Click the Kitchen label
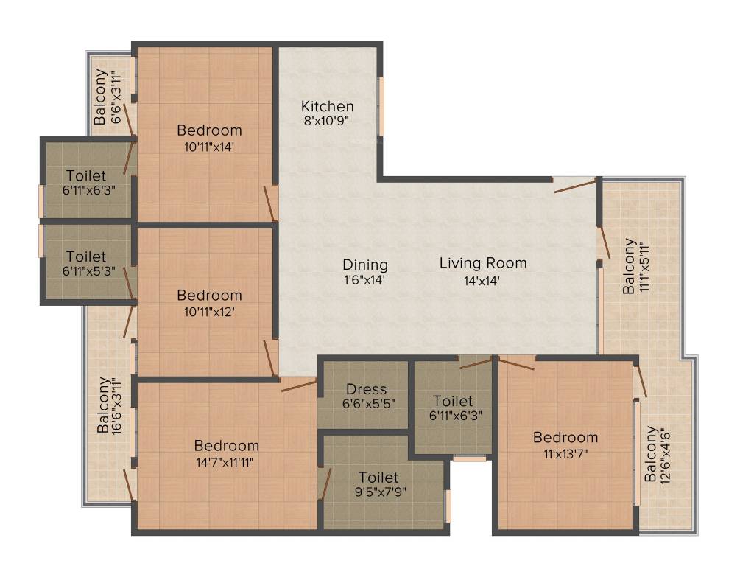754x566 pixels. click(x=327, y=106)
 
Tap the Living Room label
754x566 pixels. click(x=483, y=262)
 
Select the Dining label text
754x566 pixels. click(x=364, y=265)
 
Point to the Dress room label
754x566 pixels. click(x=366, y=389)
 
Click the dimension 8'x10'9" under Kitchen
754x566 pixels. click(x=327, y=122)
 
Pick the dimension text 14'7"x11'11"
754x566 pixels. click(x=226, y=462)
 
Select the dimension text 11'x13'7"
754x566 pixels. click(x=565, y=453)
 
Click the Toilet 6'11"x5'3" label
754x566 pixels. click(x=86, y=256)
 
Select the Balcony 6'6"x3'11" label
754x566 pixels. click(x=108, y=97)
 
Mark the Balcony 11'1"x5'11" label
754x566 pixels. click(x=636, y=265)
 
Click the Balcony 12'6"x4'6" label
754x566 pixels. click(x=658, y=453)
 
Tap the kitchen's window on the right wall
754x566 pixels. click(x=381, y=106)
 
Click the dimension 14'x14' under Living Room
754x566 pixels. click(x=483, y=280)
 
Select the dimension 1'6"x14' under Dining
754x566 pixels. click(x=364, y=280)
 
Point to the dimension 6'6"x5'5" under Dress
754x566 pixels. click(x=366, y=404)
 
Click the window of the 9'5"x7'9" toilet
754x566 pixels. click(x=448, y=506)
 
